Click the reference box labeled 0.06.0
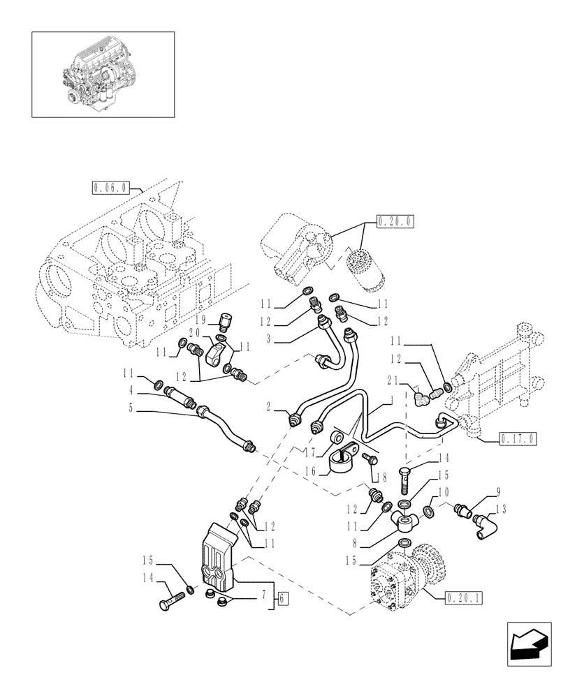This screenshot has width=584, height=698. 110,186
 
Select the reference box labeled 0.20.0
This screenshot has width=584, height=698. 395,221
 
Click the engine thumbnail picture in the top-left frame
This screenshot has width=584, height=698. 102,73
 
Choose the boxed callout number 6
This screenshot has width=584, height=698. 280,597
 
